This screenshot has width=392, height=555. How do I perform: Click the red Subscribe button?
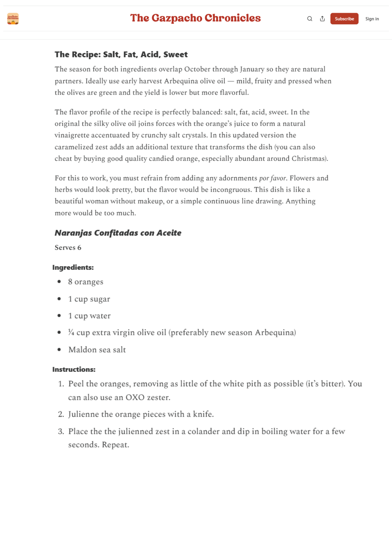[344, 19]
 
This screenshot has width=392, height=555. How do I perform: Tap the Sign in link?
[372, 19]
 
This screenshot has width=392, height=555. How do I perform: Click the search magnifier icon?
[310, 19]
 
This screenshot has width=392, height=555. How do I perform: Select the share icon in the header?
[322, 19]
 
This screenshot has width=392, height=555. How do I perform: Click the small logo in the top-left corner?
[13, 19]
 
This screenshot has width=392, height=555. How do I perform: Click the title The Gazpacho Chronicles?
[195, 18]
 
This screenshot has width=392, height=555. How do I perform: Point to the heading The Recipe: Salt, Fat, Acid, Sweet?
[121, 54]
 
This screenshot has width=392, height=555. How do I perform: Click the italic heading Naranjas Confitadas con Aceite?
[118, 233]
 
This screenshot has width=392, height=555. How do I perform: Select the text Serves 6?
[68, 248]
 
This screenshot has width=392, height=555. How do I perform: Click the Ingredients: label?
[73, 268]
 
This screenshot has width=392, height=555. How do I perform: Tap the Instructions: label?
[74, 369]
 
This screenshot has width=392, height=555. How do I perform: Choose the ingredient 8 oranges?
[86, 282]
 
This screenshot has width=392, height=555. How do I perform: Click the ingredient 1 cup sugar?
[89, 299]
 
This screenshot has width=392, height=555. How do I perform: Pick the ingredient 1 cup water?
[89, 316]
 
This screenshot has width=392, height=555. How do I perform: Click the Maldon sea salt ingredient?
[97, 350]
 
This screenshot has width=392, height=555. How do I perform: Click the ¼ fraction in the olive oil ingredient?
[71, 332]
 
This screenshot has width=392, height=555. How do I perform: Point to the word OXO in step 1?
[135, 397]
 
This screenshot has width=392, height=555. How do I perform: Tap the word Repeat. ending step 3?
[115, 445]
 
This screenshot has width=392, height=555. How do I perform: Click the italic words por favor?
[273, 178]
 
